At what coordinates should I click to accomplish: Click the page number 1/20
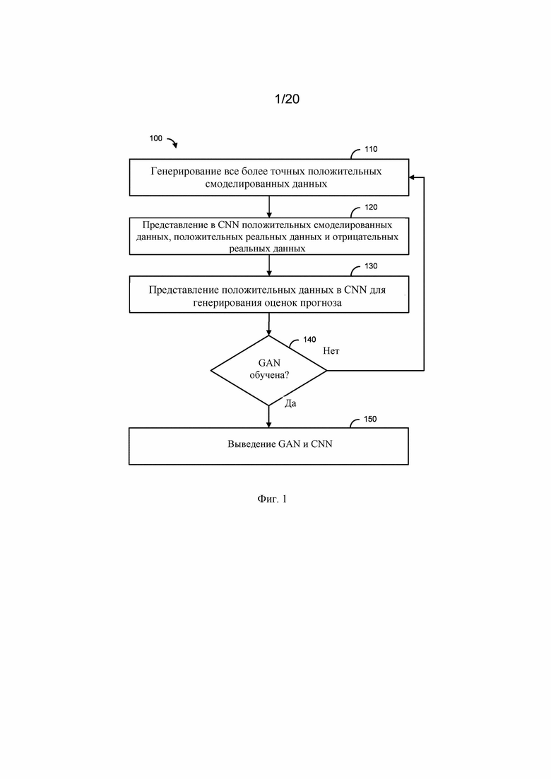(288, 99)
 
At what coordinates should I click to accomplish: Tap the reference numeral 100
(156, 138)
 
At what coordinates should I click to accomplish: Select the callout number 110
(371, 149)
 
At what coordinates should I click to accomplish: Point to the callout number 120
(371, 207)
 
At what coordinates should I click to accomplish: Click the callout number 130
(371, 266)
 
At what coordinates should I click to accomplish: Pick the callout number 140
(309, 339)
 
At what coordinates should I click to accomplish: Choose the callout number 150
(370, 419)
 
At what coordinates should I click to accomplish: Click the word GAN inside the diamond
(269, 363)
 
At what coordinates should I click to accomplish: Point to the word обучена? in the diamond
(269, 375)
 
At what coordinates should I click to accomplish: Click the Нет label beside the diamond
(331, 351)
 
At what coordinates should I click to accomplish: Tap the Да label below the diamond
(290, 403)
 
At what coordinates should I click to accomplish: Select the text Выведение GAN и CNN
(280, 444)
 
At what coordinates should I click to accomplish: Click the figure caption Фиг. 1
(272, 499)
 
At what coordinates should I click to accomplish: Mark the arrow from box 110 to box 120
(269, 207)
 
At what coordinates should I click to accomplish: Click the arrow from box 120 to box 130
(269, 266)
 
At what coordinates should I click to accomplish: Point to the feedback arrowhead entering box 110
(412, 177)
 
